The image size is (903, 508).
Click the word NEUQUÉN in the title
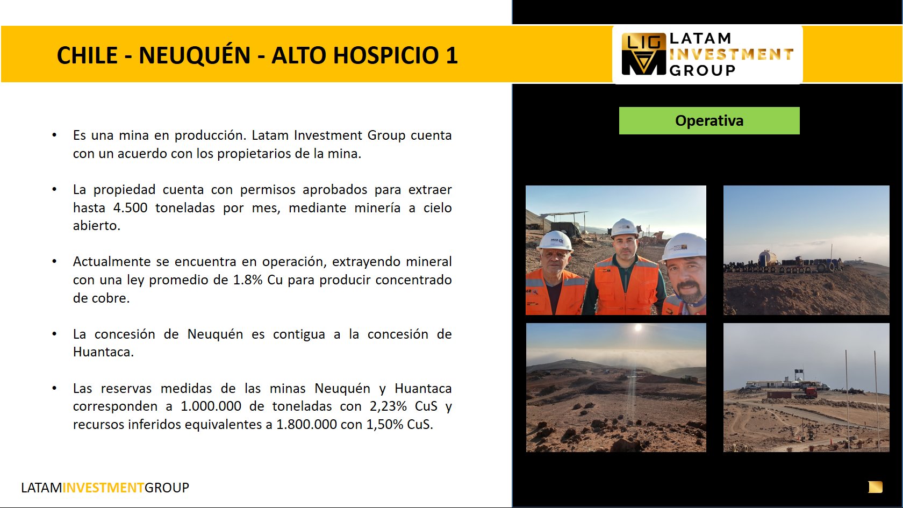195,55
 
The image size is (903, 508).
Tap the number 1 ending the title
451,56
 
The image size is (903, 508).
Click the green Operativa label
709,120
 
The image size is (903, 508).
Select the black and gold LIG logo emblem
644,54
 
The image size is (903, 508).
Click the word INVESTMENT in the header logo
732,54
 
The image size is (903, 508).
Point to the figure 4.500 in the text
130,208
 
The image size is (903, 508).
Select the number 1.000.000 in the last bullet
211,406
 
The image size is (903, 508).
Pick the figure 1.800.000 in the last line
306,424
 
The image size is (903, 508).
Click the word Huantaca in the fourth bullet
102,352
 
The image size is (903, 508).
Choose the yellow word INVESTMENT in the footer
103,488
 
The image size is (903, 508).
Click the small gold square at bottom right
875,486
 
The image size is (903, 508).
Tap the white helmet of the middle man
624,228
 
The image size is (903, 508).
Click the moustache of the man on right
691,287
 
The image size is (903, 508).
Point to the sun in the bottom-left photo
637,328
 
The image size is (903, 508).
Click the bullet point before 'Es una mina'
54,135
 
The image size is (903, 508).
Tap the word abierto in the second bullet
96,225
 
